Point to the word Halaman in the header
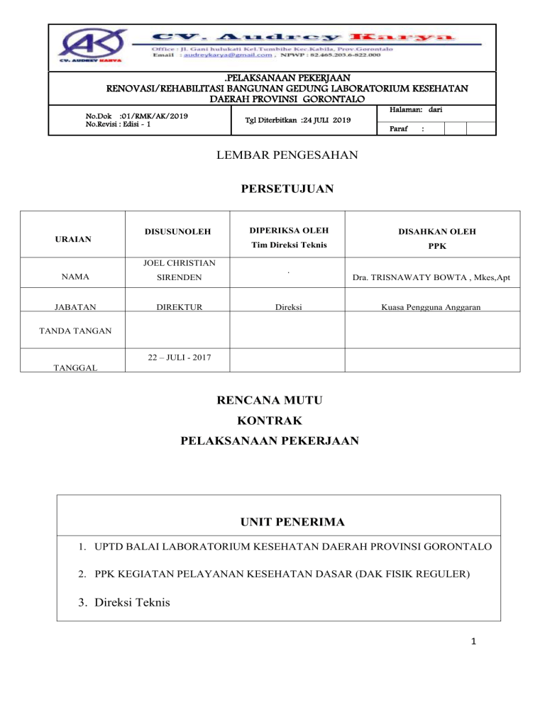409,110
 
